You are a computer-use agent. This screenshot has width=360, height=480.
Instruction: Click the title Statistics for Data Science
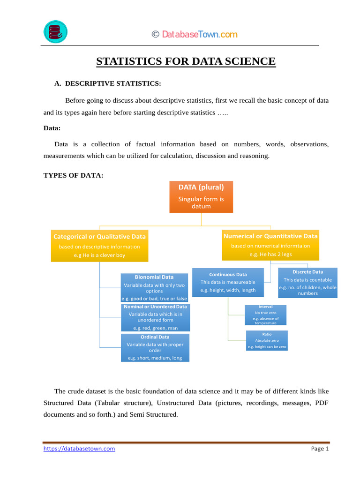186,61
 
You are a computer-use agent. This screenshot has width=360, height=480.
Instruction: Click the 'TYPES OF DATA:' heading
73,175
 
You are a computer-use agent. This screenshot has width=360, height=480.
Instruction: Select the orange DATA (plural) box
201,197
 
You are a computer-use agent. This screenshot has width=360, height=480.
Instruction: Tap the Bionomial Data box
154,287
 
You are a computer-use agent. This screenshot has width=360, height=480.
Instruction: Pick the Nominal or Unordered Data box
155,317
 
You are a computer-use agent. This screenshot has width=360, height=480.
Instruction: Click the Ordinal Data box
155,347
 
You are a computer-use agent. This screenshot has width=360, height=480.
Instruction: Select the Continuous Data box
228,282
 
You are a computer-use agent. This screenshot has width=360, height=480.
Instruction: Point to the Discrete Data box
307,283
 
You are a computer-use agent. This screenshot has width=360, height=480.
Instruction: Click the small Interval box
266,315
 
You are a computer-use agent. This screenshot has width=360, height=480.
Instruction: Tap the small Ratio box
267,340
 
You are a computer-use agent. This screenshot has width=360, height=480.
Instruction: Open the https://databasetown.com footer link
79,449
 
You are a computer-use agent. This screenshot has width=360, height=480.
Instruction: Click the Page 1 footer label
320,449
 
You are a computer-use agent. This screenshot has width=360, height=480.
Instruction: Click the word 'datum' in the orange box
201,206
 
